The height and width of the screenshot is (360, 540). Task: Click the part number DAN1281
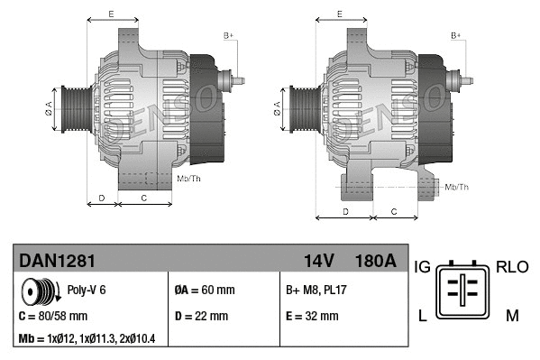57,260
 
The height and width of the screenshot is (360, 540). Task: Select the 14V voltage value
318,260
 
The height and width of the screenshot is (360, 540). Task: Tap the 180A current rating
376,260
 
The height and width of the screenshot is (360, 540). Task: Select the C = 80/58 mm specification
53,316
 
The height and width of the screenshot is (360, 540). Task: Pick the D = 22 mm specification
201,316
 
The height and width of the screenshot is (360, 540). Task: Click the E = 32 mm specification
312,316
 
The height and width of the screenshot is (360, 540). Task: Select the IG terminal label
422,267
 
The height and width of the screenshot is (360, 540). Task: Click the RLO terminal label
512,267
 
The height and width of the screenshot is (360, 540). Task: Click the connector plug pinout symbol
465,290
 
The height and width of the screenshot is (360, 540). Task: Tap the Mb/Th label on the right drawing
457,187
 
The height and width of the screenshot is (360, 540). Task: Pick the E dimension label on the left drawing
110,14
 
